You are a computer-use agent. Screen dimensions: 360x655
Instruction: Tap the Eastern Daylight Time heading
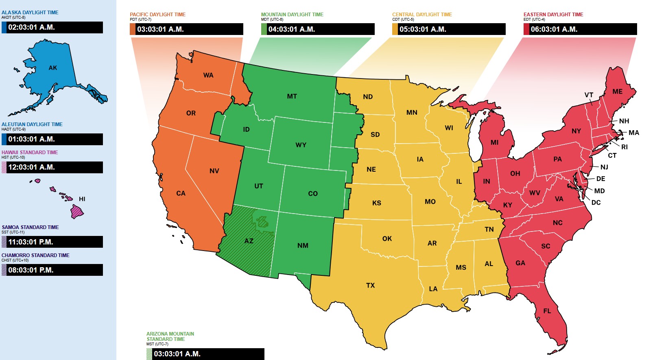[x=553, y=15]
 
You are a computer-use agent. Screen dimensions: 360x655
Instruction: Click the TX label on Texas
[x=370, y=286]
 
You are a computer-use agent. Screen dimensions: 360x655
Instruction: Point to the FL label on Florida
[x=547, y=311]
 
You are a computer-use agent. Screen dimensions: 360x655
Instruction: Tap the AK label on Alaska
[x=53, y=68]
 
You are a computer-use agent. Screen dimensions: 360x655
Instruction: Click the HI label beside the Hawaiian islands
[x=82, y=199]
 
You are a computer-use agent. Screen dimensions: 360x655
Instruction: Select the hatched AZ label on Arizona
[x=249, y=241]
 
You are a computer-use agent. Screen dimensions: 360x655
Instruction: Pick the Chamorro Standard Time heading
[x=35, y=255]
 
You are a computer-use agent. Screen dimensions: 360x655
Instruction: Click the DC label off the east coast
[x=596, y=203]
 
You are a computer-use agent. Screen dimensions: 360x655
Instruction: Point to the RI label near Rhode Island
[x=624, y=147]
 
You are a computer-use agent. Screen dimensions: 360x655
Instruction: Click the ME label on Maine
[x=617, y=92]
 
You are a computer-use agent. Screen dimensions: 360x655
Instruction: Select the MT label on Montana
[x=292, y=96]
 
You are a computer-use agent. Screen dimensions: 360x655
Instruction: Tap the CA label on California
[x=181, y=194]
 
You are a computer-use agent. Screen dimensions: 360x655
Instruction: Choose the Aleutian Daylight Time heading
[x=32, y=124]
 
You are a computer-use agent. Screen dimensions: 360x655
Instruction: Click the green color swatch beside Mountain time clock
[x=264, y=29]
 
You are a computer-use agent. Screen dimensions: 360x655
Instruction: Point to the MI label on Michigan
[x=494, y=142]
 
